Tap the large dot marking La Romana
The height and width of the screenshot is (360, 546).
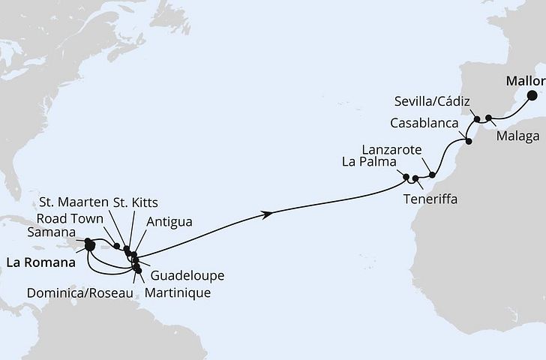89,244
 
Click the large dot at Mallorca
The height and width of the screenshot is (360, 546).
532,95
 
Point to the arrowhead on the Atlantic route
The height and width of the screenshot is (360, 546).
267,214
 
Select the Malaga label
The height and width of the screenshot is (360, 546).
517,137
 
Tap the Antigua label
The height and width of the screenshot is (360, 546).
169,221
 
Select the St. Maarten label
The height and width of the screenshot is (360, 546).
76,202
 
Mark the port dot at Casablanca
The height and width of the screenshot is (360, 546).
468,141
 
